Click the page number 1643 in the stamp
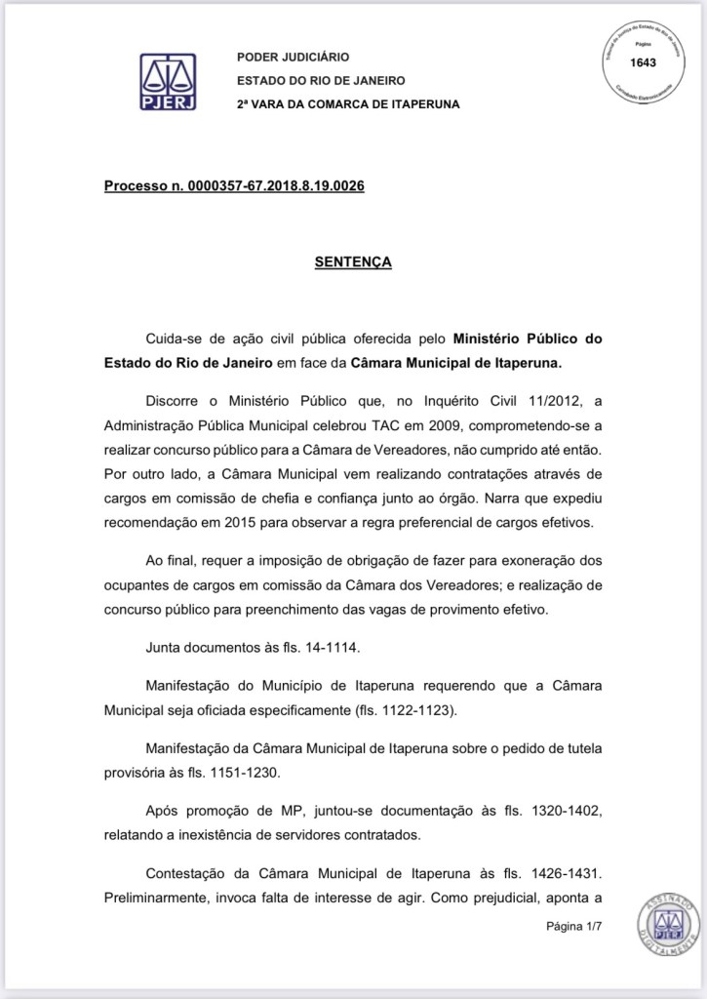click(644, 62)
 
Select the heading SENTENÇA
click(352, 261)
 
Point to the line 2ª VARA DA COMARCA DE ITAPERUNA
click(347, 103)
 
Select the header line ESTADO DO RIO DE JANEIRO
click(321, 81)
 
